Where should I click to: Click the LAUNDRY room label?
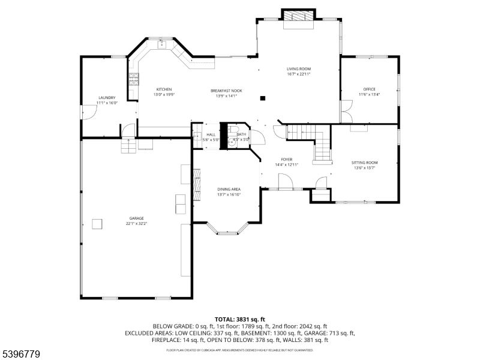(107, 98)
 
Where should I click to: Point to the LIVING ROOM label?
(298, 69)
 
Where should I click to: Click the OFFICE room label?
(369, 89)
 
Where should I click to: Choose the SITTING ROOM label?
(364, 163)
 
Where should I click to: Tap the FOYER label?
(287, 160)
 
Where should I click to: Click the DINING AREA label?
(229, 190)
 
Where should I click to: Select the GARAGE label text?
(136, 218)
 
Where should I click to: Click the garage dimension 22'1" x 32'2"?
(136, 223)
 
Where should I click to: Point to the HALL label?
(211, 134)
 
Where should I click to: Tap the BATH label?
(241, 134)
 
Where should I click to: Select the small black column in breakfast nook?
(263, 98)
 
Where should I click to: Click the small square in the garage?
(97, 224)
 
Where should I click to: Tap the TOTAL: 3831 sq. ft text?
(240, 319)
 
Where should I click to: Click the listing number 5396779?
(21, 355)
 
